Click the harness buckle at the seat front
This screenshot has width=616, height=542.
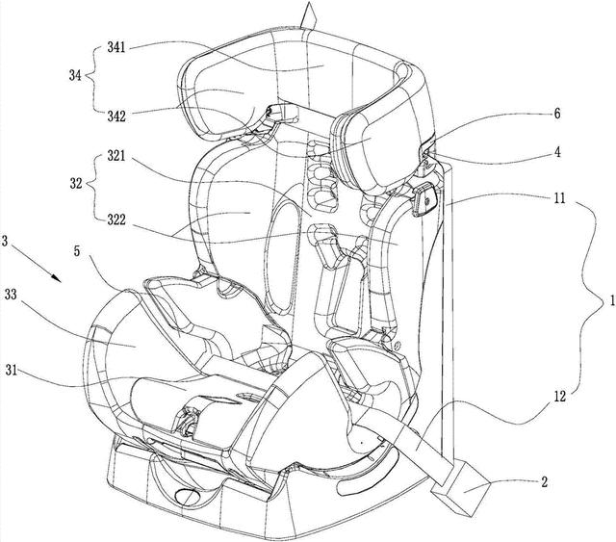188,420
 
